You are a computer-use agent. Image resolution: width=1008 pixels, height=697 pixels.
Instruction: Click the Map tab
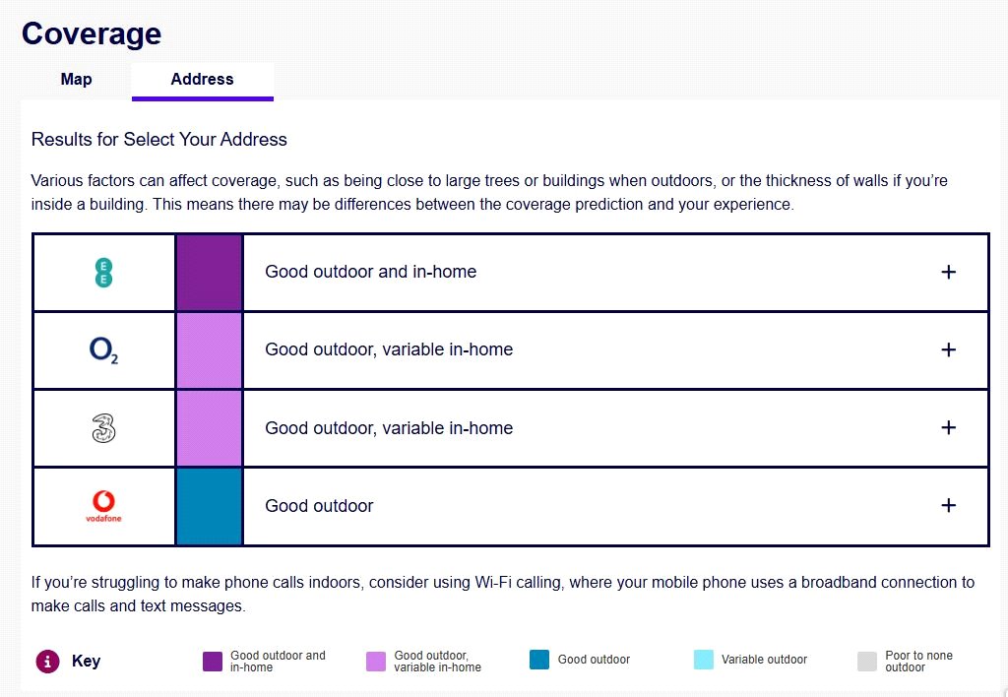point(76,80)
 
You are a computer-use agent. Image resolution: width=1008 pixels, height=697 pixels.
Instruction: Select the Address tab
point(202,80)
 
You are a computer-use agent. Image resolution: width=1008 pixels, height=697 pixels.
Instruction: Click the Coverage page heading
point(92,33)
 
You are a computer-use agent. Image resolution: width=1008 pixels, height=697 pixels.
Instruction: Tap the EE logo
point(103,273)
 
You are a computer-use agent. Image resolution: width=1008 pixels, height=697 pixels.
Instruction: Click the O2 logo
point(103,350)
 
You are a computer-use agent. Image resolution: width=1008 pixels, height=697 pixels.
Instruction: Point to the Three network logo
point(103,428)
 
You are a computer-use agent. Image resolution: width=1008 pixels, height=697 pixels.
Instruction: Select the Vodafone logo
point(103,506)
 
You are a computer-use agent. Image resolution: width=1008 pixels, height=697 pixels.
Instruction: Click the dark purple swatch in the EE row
point(209,273)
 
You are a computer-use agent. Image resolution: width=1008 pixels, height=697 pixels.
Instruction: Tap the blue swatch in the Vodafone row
point(209,506)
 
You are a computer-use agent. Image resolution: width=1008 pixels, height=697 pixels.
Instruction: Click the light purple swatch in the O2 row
point(209,350)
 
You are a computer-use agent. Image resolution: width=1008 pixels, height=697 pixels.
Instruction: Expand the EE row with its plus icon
point(948,273)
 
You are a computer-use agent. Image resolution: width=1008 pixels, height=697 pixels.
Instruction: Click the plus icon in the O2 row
point(948,350)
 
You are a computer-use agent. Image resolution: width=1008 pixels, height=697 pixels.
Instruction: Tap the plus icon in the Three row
point(948,428)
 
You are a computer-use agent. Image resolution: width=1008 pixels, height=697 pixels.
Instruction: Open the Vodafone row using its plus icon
point(948,506)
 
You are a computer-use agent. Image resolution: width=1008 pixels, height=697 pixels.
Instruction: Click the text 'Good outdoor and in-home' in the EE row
point(370,273)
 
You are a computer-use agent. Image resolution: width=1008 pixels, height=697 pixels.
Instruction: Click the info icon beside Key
point(46,661)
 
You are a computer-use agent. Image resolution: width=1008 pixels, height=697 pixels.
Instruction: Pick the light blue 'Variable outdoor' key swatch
point(703,661)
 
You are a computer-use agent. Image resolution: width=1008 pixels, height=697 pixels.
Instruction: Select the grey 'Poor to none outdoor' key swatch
point(866,661)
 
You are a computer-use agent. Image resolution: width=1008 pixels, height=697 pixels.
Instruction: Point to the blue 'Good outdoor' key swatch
point(538,661)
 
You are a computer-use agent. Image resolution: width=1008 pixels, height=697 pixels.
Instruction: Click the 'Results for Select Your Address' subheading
point(159,140)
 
